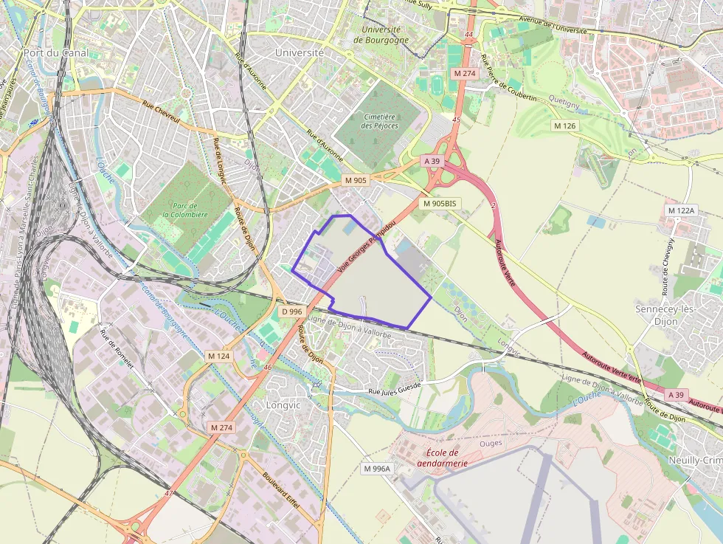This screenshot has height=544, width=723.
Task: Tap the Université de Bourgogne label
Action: coord(381,35)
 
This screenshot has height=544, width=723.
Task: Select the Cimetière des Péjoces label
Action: coord(380,121)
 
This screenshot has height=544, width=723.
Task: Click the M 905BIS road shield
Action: coord(440,203)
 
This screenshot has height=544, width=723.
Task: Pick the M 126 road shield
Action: coord(566,125)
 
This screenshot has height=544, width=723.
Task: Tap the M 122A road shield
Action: coord(681,210)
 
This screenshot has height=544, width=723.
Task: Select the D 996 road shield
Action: coord(292,311)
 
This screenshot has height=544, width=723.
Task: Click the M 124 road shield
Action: coord(219,356)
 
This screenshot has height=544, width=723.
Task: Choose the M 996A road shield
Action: coord(377,468)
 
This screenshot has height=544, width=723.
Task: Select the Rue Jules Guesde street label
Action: coord(394,388)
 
